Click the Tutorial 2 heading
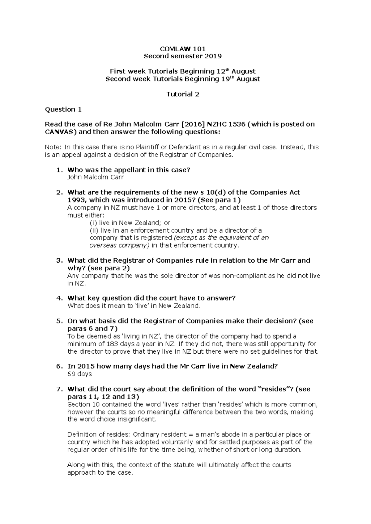click(183, 94)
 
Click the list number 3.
click(59, 260)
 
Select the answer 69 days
click(79, 374)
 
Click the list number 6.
click(59, 366)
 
